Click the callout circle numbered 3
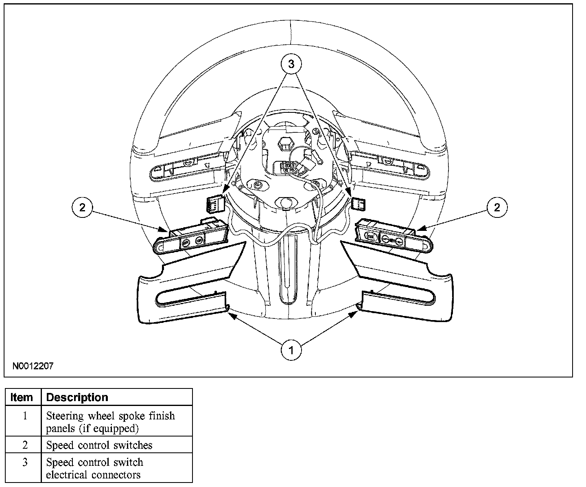tap(291, 64)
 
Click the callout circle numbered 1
tap(291, 350)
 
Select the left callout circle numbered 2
tap(83, 208)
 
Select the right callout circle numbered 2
tap(496, 208)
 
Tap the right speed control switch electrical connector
tap(358, 203)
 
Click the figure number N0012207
tap(33, 366)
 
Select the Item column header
tap(22, 397)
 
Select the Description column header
tap(77, 397)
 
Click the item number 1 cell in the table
tap(25, 416)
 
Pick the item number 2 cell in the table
tap(25, 445)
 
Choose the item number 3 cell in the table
tap(25, 463)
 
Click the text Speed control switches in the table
tap(99, 445)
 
